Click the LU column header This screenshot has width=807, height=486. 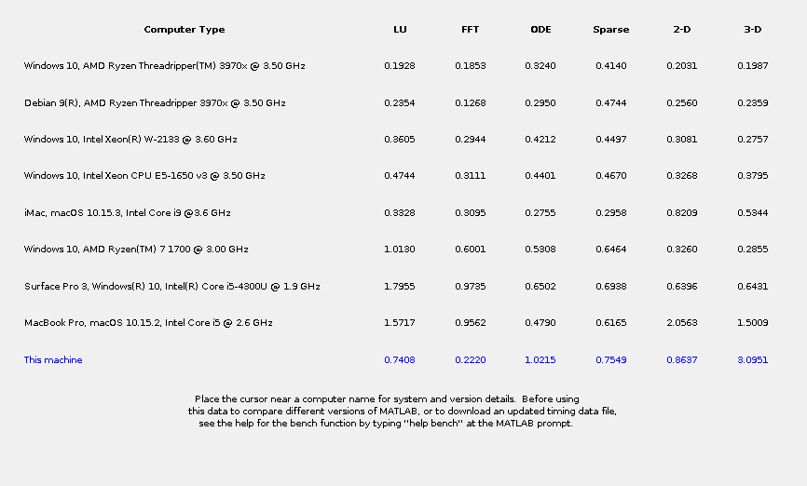(x=400, y=30)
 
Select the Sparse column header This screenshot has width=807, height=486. (x=610, y=30)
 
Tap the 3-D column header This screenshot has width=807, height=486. (x=752, y=30)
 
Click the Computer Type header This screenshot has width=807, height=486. (x=184, y=30)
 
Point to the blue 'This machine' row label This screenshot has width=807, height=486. (x=53, y=360)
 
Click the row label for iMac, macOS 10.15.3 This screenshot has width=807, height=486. (x=127, y=213)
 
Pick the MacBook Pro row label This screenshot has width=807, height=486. (x=148, y=323)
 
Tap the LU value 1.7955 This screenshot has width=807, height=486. (x=400, y=287)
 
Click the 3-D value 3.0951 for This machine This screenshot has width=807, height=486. (x=752, y=360)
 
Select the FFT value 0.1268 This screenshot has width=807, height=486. (x=471, y=103)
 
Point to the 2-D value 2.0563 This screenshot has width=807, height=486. (x=682, y=323)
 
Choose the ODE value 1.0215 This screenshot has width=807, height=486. (x=540, y=360)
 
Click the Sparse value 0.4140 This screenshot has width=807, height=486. (x=610, y=66)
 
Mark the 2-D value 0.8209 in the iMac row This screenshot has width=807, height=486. (x=682, y=213)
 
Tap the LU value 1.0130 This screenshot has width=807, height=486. (x=400, y=250)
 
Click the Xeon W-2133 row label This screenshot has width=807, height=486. (x=130, y=140)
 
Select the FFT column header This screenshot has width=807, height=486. (x=471, y=30)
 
